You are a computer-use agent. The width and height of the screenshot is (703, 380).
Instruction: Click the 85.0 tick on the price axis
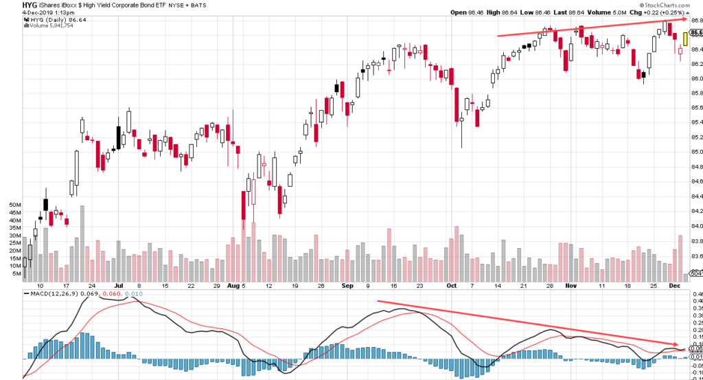696,152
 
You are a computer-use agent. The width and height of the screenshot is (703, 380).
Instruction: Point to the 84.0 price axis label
696,225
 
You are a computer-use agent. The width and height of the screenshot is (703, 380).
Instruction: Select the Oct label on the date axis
451,284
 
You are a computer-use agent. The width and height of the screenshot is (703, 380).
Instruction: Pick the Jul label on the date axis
119,284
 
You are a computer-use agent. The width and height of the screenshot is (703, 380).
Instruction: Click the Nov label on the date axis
571,284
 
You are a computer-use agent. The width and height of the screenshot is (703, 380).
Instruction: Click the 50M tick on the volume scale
14,205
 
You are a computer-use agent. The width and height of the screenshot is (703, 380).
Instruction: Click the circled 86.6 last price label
696,32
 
